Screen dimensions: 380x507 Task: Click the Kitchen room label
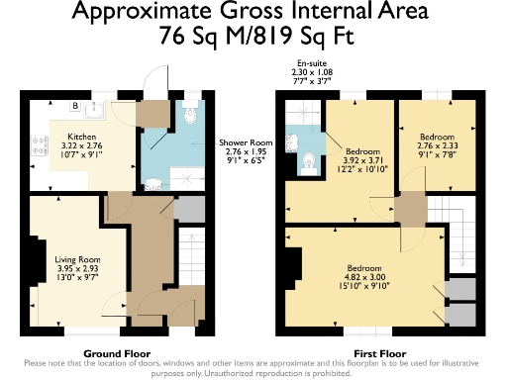[x=80, y=138]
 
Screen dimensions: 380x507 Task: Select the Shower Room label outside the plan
[x=247, y=142]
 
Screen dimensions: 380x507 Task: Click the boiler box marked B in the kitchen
[x=74, y=107]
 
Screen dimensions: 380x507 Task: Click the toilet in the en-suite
[x=308, y=158]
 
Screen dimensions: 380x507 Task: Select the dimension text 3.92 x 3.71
[x=357, y=165]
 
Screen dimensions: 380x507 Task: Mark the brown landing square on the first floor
[x=408, y=210]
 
